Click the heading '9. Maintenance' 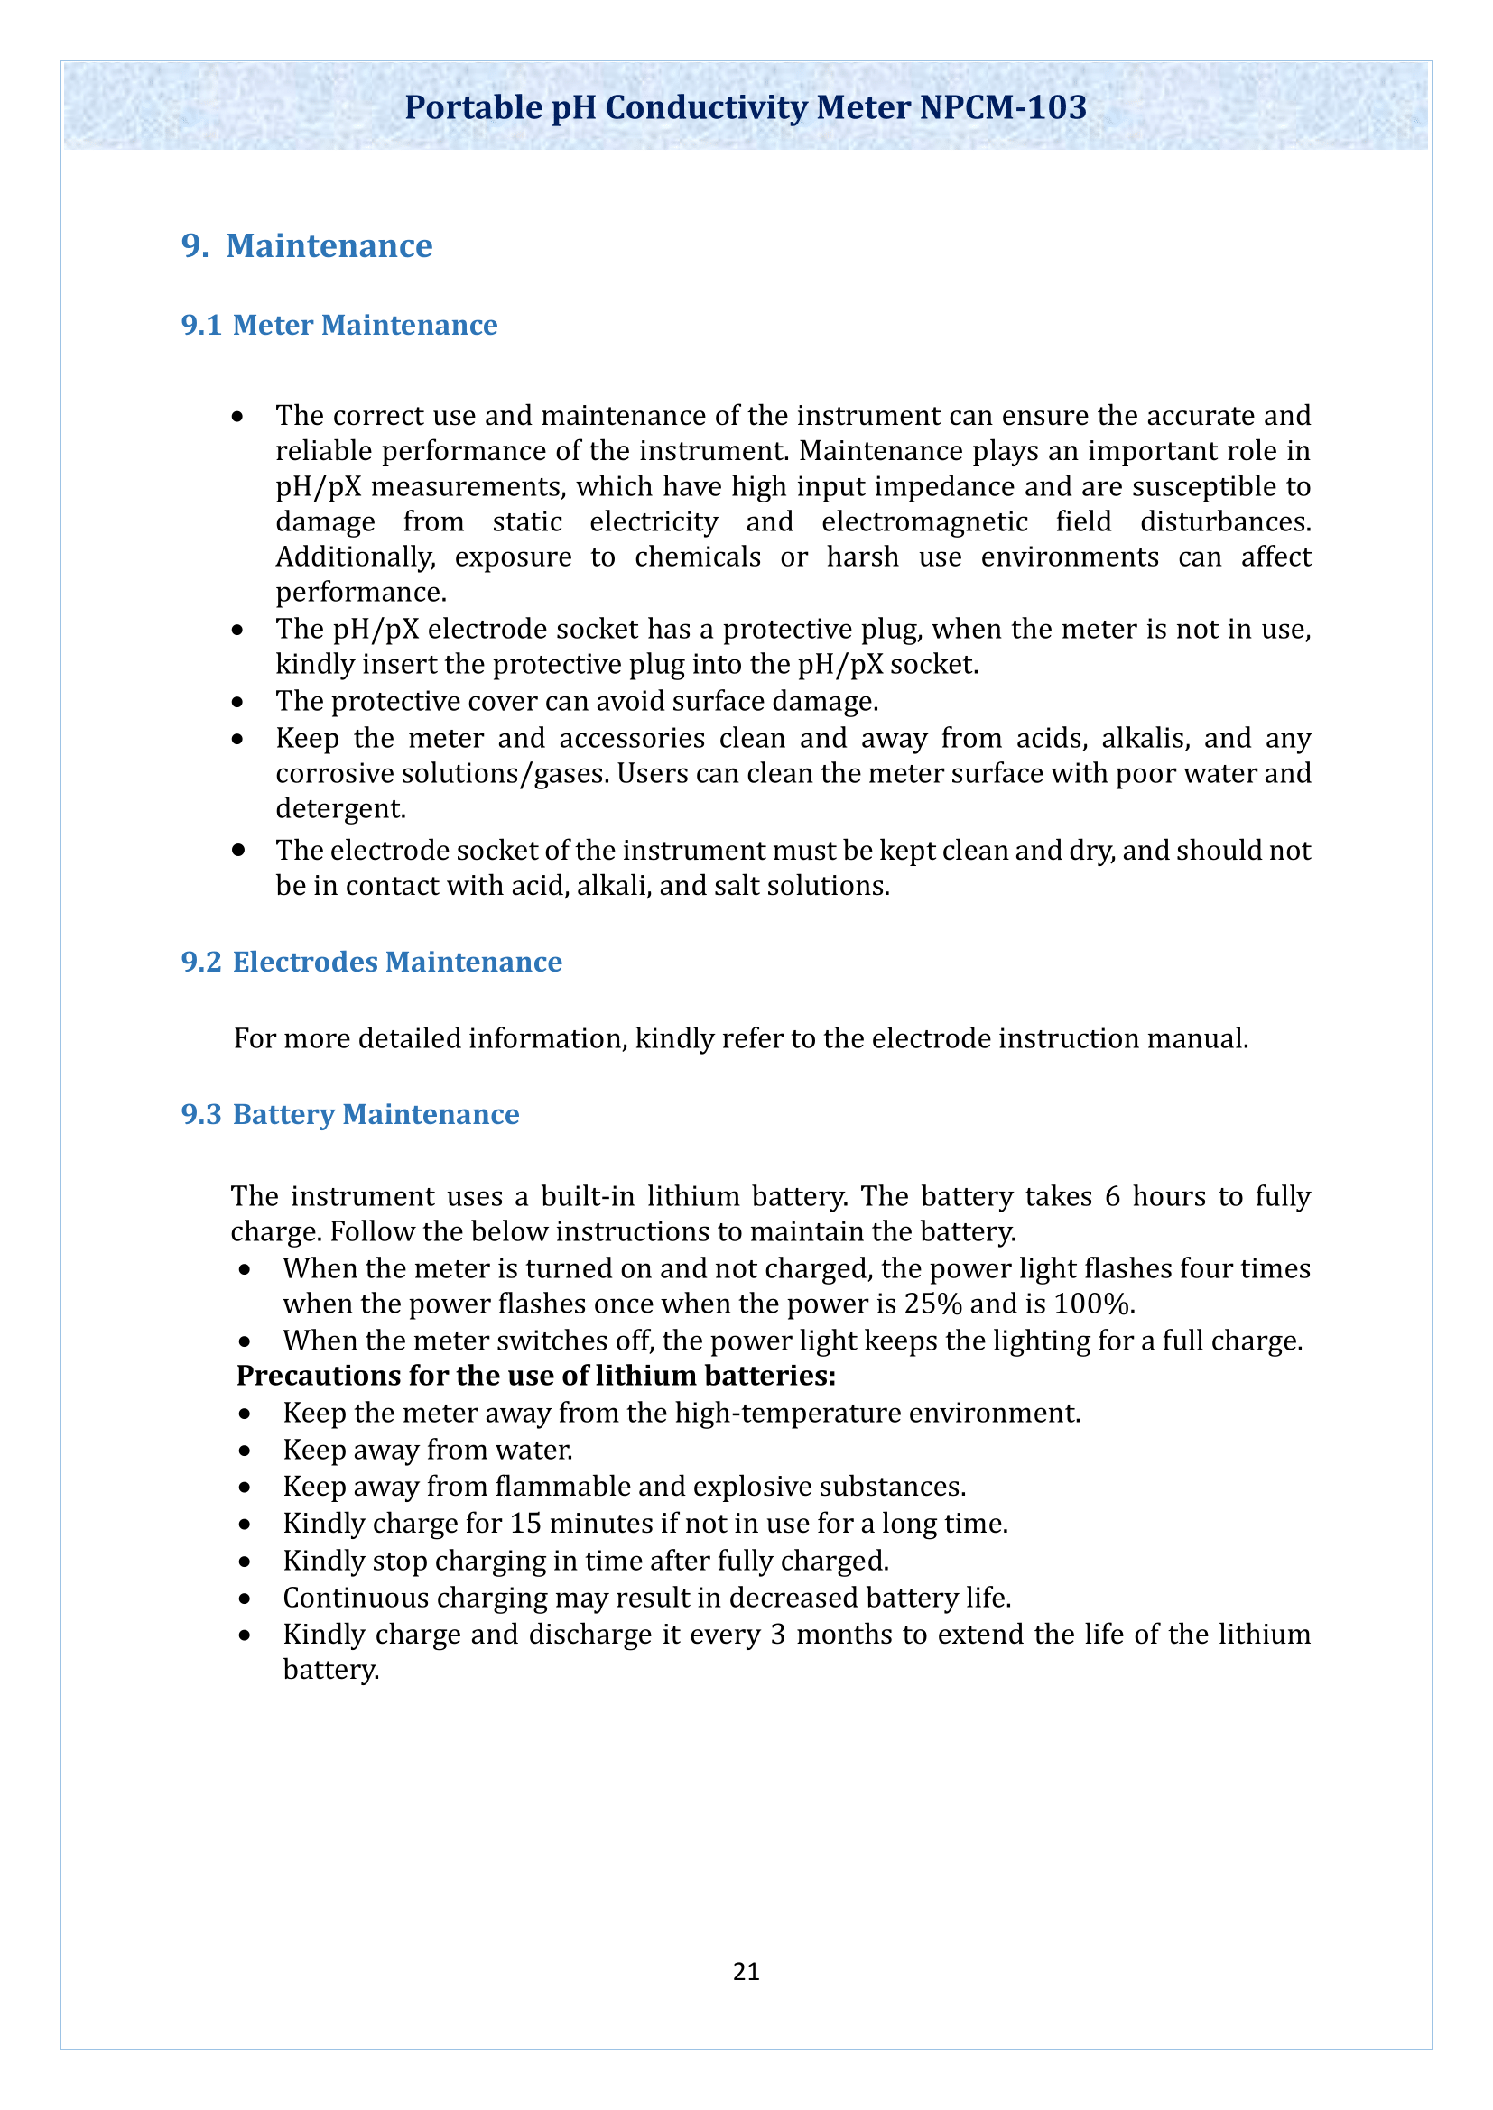tap(307, 246)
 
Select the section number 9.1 tap(201, 326)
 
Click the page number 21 tap(746, 1971)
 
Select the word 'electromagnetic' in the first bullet tap(924, 522)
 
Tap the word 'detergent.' tap(341, 808)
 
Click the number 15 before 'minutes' tap(526, 1524)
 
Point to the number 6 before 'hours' tap(1112, 1196)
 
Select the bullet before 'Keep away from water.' tap(245, 1451)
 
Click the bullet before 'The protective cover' tap(238, 702)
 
